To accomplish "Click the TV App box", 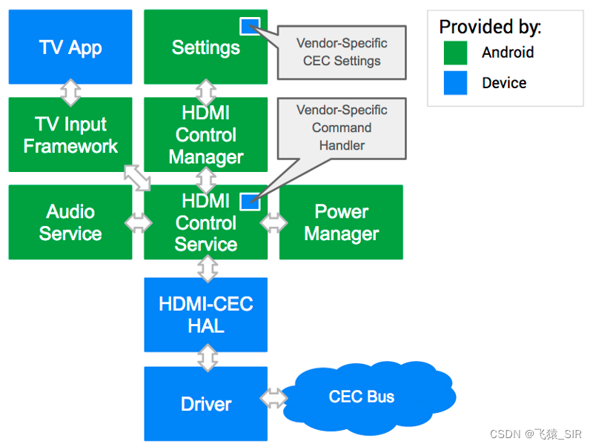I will coord(70,47).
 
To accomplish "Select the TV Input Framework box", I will coord(70,135).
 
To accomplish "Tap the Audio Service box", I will coord(70,222).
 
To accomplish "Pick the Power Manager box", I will coord(341,222).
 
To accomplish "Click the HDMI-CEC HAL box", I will coord(205,314).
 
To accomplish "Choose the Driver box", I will coord(205,404).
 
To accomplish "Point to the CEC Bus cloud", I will coord(362,397).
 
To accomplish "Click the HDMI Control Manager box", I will coord(205,135).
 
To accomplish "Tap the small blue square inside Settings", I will coord(249,26).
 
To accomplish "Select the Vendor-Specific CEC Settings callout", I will coord(342,52).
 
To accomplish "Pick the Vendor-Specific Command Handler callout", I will coord(342,128).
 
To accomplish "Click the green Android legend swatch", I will coord(455,53).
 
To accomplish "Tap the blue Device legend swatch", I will coord(455,82).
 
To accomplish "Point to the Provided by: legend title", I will coord(490,27).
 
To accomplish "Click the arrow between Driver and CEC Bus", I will coord(274,397).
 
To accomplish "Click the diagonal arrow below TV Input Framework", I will coord(137,177).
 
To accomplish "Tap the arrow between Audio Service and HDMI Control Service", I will coord(138,223).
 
